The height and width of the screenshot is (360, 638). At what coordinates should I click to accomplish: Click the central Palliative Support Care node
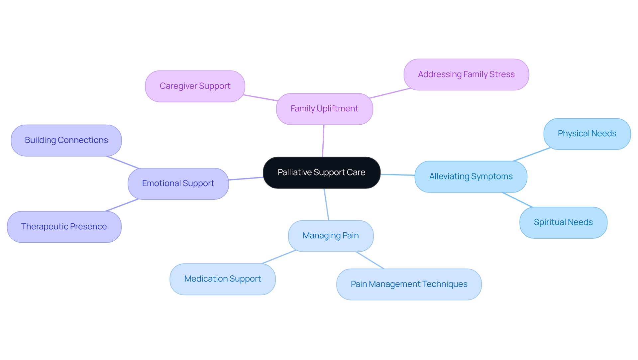tap(321, 173)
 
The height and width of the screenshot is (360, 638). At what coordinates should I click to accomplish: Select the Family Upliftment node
tap(324, 109)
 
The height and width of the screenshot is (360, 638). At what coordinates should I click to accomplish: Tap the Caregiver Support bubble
tap(195, 86)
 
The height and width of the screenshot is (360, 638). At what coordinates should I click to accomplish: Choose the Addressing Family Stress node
tap(466, 74)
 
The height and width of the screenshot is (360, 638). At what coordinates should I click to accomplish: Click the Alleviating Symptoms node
tap(471, 177)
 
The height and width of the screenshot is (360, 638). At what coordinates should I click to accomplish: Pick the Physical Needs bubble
tap(587, 134)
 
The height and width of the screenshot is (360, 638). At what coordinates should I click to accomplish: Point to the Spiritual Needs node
tap(563, 222)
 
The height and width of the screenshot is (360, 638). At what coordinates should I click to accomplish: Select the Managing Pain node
tap(331, 236)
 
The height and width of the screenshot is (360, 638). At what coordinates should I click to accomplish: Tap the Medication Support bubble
tap(222, 279)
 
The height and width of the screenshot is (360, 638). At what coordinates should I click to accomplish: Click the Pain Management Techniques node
tap(409, 284)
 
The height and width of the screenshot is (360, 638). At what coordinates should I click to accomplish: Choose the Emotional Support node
tap(178, 183)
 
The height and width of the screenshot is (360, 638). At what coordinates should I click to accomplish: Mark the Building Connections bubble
tap(66, 140)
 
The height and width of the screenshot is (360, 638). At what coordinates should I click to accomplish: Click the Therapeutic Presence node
tap(64, 227)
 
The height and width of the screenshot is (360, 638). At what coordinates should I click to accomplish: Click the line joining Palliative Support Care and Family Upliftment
tap(323, 141)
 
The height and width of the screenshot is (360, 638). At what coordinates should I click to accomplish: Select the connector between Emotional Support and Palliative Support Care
tap(246, 179)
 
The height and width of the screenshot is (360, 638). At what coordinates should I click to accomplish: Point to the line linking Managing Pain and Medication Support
tap(278, 257)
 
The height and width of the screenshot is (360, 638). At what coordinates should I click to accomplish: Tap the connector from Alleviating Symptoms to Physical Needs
tap(532, 155)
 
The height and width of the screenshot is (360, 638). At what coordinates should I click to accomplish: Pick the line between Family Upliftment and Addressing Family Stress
tap(390, 93)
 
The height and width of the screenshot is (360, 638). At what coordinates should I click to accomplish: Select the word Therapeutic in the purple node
tap(45, 227)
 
